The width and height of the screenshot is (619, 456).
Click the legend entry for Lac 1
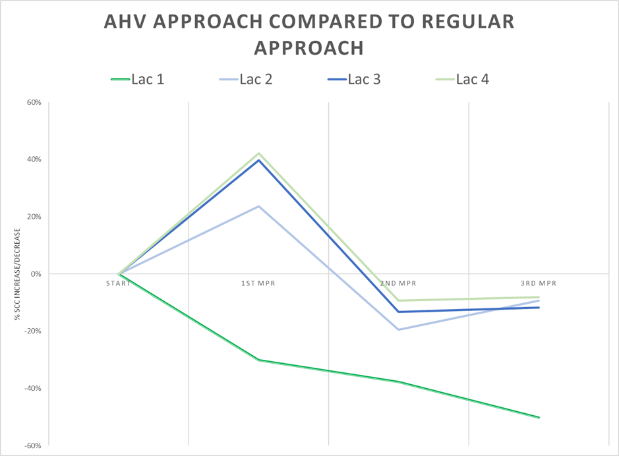[x=138, y=80]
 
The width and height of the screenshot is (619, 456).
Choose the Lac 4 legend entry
[x=461, y=80]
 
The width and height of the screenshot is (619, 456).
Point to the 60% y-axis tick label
[x=34, y=102]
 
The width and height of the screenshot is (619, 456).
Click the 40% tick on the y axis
[x=34, y=159]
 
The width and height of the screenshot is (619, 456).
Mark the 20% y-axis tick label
[x=34, y=217]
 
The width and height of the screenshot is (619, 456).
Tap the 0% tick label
[x=36, y=273]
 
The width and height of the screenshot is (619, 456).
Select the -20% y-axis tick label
[x=32, y=331]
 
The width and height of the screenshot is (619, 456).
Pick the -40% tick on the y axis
[x=32, y=388]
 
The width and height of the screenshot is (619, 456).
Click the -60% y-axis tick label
[x=32, y=445]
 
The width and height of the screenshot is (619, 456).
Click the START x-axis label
[x=119, y=283]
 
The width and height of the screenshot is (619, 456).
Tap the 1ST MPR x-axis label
[x=259, y=283]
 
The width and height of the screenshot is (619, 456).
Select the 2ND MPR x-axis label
[x=398, y=283]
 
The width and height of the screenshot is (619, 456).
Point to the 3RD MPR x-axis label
[x=539, y=283]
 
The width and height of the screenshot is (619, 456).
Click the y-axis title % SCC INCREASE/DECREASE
[x=17, y=274]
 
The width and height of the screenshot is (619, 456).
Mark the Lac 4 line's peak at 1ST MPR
[x=259, y=154]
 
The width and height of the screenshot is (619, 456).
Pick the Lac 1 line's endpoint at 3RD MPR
[x=539, y=417]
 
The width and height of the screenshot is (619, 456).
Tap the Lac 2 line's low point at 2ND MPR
[x=398, y=329]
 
